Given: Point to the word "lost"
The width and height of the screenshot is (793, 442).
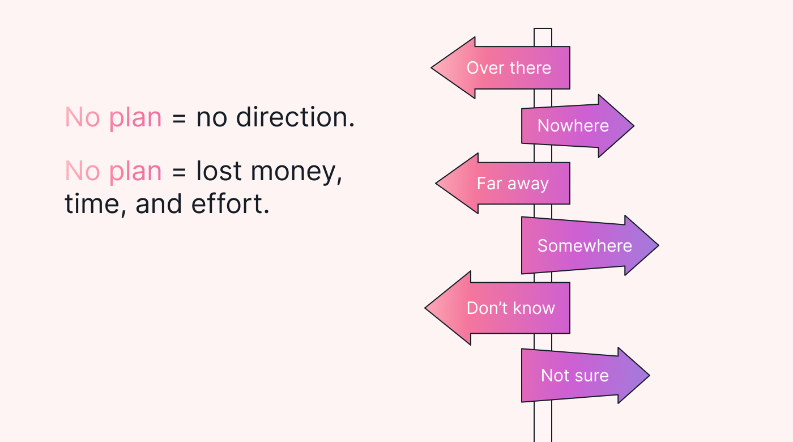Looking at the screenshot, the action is coord(219,171).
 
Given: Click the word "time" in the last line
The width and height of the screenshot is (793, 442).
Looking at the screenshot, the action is coord(92,205).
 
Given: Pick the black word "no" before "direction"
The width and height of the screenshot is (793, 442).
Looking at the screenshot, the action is coord(212,118).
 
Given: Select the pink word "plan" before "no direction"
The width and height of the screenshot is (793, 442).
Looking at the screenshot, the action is coord(135,118).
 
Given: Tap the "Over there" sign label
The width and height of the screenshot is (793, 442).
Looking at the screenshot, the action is coord(509,67).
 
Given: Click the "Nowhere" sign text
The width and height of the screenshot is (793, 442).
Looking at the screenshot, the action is coord(573,126).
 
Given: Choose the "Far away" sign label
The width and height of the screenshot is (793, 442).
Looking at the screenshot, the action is coord(513,184).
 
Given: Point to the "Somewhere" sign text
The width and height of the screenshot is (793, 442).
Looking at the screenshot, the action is coord(585,246).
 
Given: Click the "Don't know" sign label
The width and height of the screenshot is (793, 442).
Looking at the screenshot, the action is coord(511,308).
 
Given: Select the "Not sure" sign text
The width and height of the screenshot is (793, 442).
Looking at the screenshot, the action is coord(575,375).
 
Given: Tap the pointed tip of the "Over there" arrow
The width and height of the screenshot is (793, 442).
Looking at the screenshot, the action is coord(432,67).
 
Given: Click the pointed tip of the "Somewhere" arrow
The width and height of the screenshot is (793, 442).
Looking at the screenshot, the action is coord(658,245).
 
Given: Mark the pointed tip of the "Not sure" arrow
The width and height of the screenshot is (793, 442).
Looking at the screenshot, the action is coord(649,375).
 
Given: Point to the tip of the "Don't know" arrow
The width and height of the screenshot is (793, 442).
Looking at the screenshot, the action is coord(425,308).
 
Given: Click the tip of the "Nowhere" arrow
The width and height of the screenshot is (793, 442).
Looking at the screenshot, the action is coord(634,126).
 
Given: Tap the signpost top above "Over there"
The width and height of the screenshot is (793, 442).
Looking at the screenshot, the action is coord(543,29).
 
